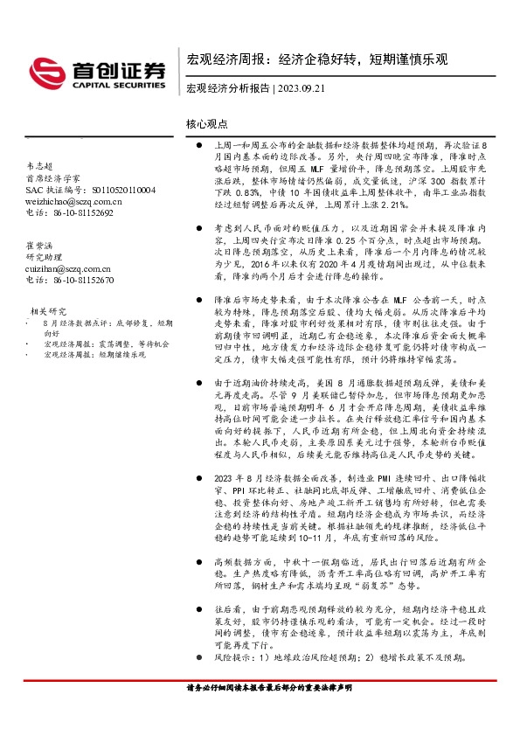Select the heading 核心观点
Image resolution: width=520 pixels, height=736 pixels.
coord(207,124)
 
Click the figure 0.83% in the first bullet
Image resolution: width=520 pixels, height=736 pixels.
coord(250,192)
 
